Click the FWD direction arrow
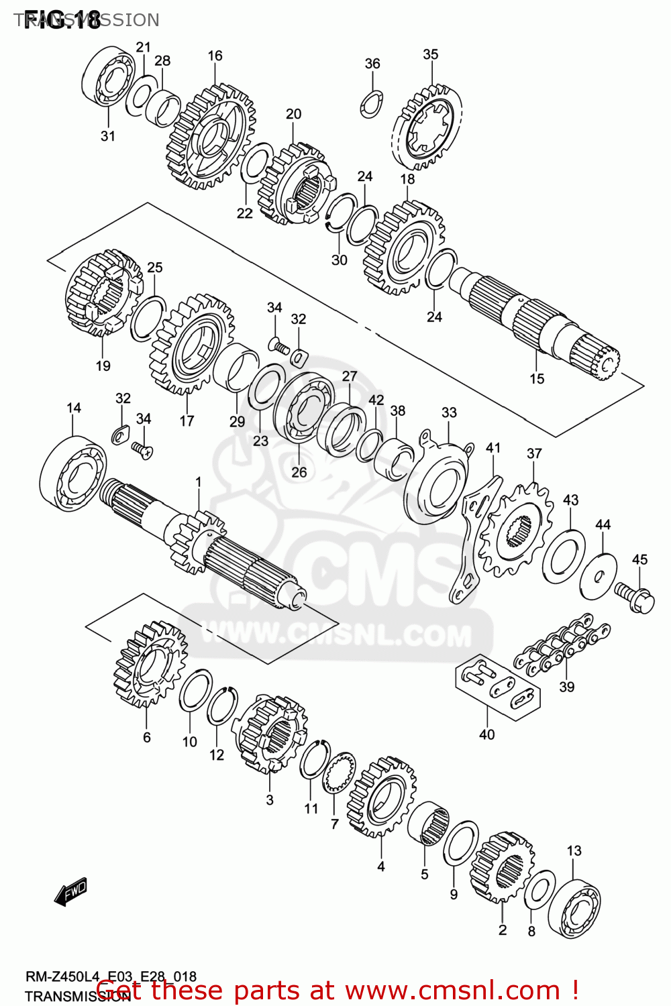[x=70, y=891]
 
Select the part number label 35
[x=431, y=54]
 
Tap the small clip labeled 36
[x=371, y=103]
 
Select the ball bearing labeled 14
[x=72, y=469]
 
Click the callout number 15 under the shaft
[x=537, y=379]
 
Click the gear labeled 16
[x=211, y=137]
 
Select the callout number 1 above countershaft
[x=199, y=482]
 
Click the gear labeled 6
[x=150, y=663]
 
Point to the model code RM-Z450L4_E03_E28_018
[x=111, y=977]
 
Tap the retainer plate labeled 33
[x=438, y=479]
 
